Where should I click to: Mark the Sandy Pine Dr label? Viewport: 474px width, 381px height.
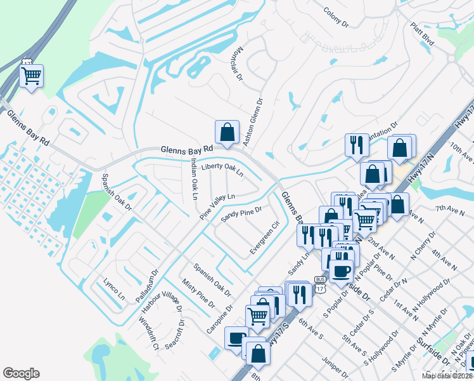click(x=241, y=215)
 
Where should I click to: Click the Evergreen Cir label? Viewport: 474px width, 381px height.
click(x=264, y=237)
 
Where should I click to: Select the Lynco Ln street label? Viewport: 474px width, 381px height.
click(x=113, y=288)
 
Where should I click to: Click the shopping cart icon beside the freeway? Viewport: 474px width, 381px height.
click(x=31, y=76)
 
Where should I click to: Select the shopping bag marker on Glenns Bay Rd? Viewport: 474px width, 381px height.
click(x=227, y=132)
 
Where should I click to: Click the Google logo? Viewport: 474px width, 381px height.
click(x=21, y=373)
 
